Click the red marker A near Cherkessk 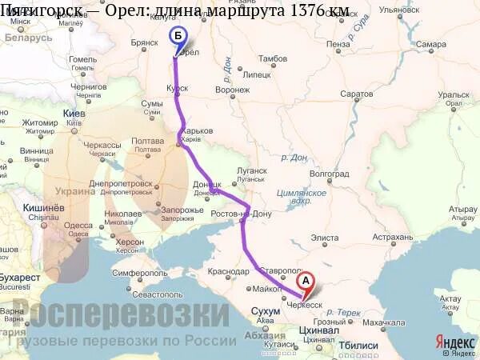[x=305, y=282]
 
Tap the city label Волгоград [x=329, y=173]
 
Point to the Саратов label [x=356, y=94]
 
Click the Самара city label [x=430, y=44]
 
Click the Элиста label [x=324, y=237]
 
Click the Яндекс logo [x=454, y=342]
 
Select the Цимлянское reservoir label [x=302, y=194]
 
